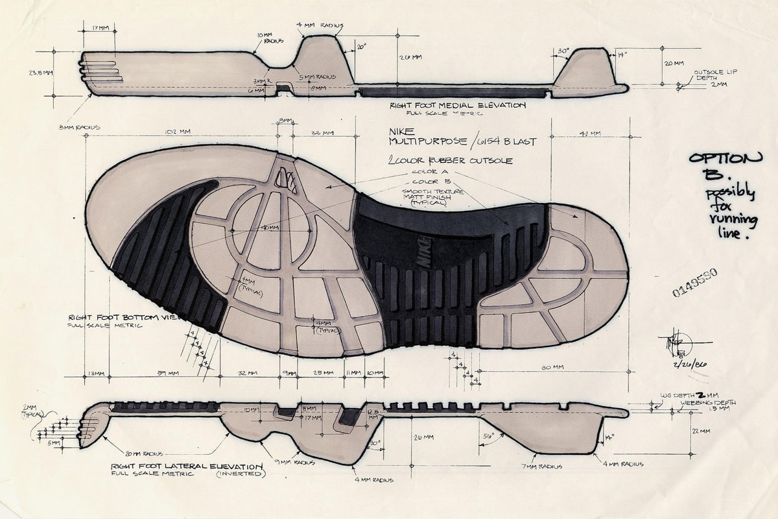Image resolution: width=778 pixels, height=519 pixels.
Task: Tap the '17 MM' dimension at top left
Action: (x=100, y=28)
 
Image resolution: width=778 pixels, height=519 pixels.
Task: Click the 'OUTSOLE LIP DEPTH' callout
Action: (x=715, y=77)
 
